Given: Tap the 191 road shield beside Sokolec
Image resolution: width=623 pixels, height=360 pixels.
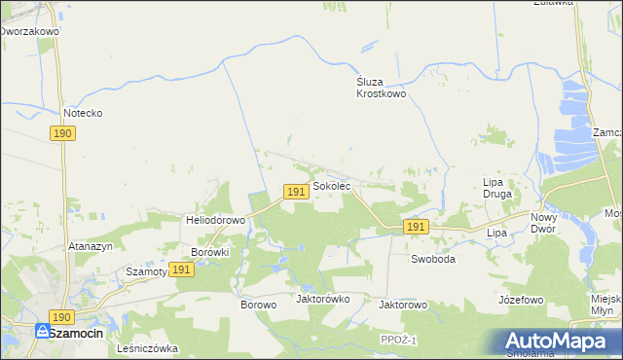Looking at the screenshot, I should point(297,193).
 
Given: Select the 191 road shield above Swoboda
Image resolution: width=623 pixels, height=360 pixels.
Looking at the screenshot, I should point(416,227).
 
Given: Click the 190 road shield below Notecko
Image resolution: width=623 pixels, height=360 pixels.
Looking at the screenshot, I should point(62,133).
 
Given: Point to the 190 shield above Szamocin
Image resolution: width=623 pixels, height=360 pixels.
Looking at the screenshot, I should point(62,317).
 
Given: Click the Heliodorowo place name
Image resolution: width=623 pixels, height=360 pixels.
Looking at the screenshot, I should point(215,220).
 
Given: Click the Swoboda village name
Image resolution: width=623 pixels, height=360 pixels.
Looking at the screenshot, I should point(433,260).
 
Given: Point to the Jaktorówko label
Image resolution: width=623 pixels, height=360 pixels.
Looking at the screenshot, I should point(322,299).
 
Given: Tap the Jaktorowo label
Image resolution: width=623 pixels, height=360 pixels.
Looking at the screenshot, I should point(403,305).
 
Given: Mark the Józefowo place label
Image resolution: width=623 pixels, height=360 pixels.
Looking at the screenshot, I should point(520,300).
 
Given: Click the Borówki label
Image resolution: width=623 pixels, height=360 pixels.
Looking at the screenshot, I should point(209,252).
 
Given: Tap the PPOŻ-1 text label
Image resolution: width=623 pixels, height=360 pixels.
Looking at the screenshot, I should point(400,339).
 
